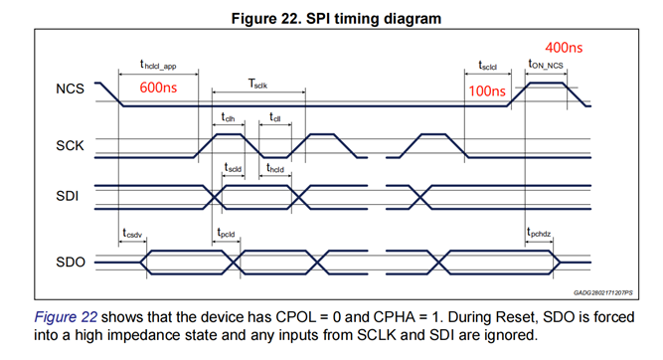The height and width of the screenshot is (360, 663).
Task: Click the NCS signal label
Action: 70,89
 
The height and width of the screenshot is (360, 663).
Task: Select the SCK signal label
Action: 70,146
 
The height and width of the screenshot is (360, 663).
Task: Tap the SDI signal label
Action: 68,196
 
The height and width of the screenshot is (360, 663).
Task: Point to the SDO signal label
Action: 71,263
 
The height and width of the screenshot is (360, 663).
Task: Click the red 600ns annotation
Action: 158,88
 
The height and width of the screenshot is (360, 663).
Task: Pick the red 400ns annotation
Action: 564,48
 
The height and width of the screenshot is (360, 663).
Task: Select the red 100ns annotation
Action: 487,90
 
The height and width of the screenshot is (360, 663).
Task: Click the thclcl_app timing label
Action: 158,65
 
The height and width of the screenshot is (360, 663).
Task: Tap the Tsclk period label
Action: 257,84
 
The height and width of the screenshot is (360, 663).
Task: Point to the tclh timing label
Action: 228,117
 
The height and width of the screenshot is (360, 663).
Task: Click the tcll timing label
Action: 274,117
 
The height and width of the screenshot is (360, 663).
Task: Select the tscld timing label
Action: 233,168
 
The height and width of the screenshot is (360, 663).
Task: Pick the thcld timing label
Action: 274,168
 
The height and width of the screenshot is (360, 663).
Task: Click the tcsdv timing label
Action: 132,234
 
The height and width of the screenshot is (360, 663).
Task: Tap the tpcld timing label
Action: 226,233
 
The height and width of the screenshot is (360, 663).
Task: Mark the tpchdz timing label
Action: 539,233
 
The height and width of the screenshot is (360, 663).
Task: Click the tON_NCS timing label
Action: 546,65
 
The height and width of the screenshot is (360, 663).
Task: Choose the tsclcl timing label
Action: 487,66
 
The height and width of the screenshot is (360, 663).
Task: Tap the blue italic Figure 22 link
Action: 66,317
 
